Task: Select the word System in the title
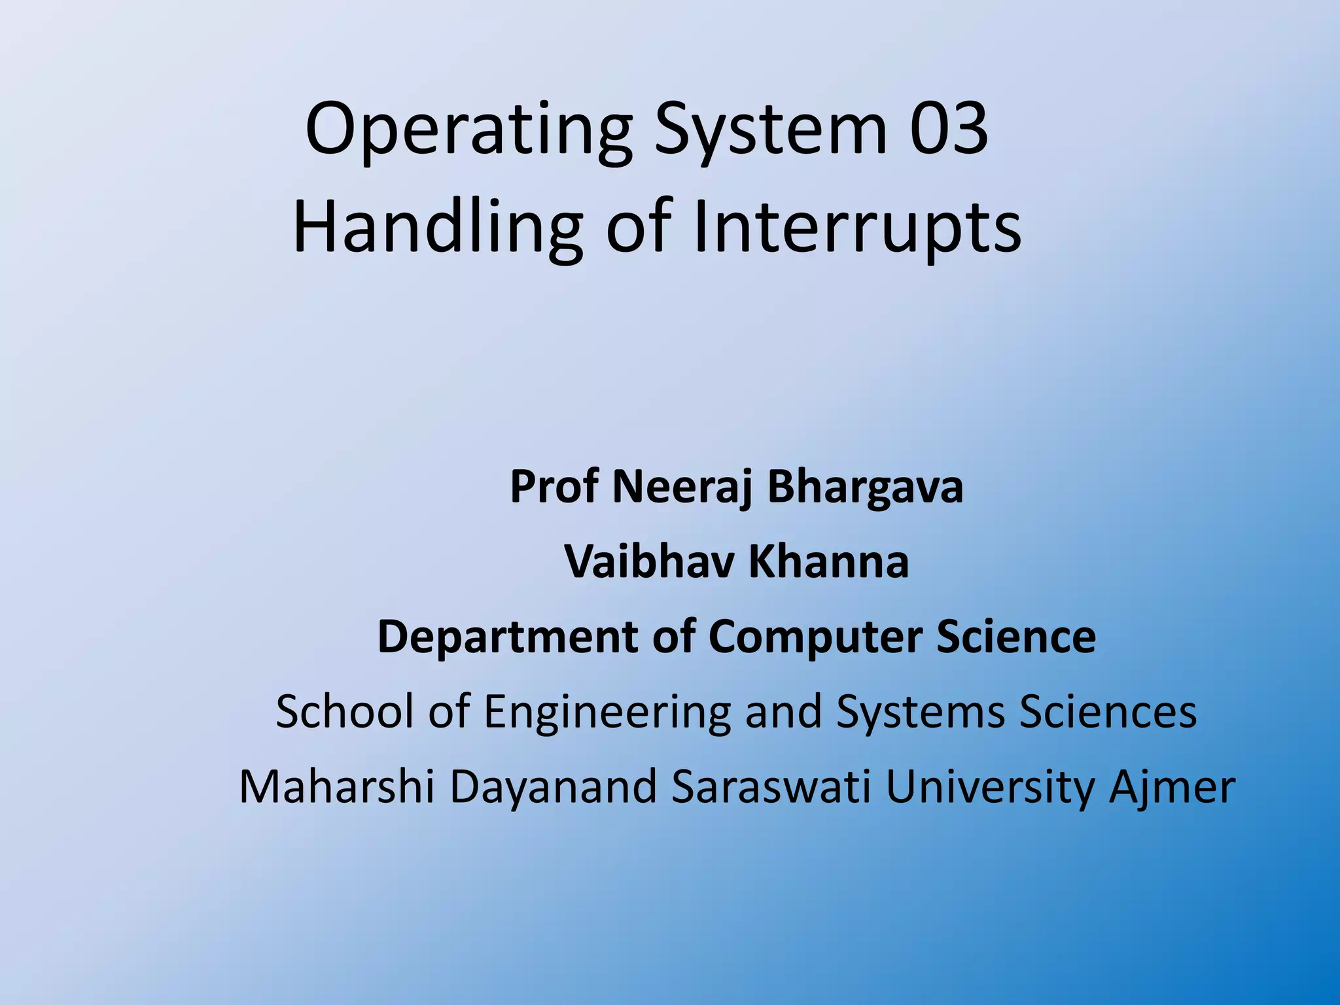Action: tap(771, 130)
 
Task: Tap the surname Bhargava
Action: tap(866, 487)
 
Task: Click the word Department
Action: tap(508, 637)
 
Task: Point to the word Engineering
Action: tap(607, 711)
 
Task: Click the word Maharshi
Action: tap(337, 786)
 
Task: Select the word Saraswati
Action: tap(771, 786)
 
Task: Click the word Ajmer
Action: tap(1172, 786)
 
